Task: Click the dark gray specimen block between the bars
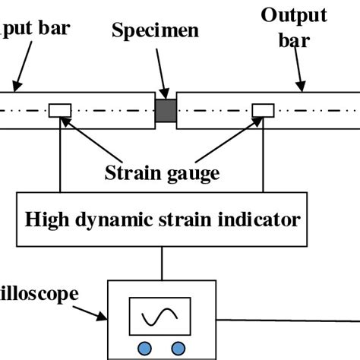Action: click(166, 109)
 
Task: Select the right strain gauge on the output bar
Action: click(264, 111)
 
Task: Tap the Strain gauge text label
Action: click(162, 172)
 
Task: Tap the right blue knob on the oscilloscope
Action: click(178, 347)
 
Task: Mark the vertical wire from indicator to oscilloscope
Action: click(163, 264)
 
